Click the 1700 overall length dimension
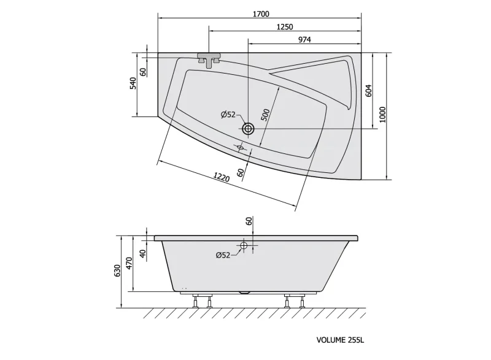tap(260, 14)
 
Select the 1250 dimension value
tap(285, 27)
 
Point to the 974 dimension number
tap(304, 40)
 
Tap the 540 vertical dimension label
tap(133, 83)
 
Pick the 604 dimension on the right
tap(369, 91)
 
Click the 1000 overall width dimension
tap(382, 115)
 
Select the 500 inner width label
tap(265, 115)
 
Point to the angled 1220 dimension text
tap(222, 177)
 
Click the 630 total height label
tap(117, 270)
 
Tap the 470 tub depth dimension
tap(130, 263)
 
